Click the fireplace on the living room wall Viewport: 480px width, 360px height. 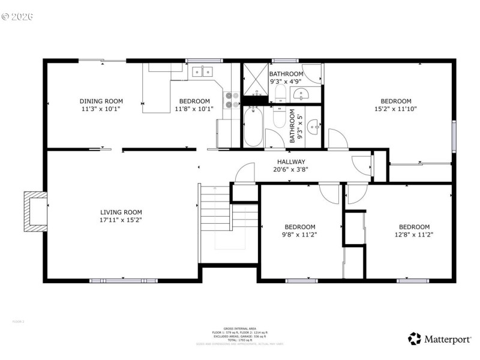click(35, 211)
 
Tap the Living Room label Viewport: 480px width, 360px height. click(121, 212)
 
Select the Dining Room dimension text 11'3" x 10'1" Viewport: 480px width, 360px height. click(101, 109)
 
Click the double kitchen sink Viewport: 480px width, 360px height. click(202, 72)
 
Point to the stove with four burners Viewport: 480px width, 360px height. click(232, 99)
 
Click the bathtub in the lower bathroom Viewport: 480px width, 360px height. click(253, 126)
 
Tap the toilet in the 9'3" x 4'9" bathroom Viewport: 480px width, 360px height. click(280, 92)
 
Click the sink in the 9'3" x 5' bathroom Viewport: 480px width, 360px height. click(313, 126)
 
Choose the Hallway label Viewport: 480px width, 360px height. click(291, 162)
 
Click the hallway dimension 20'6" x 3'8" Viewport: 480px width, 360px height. click(291, 169)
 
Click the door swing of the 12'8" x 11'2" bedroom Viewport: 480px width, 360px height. click(356, 193)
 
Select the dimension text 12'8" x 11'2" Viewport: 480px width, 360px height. click(414, 235)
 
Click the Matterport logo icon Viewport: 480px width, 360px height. click(415, 339)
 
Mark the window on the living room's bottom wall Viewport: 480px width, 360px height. click(123, 280)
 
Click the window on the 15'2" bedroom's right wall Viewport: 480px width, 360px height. click(454, 137)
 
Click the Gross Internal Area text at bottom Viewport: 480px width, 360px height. click(239, 329)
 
